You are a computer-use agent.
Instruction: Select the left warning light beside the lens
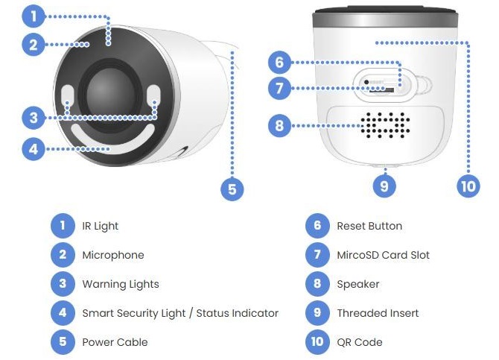[67, 95]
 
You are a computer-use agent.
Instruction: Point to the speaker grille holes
[385, 125]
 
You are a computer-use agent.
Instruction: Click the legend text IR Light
[101, 226]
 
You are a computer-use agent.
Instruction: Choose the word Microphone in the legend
[113, 255]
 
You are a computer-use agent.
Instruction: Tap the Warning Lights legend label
[121, 284]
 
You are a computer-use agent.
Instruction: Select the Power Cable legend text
[115, 342]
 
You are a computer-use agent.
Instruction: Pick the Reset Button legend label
[369, 226]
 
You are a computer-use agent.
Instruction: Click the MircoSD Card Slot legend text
[383, 255]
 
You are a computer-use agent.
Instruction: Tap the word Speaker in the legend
[358, 284]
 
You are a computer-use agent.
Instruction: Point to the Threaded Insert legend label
[378, 313]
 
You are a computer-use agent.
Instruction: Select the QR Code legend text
[360, 342]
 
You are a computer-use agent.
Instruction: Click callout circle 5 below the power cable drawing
[232, 189]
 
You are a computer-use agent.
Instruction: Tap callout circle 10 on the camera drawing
[468, 186]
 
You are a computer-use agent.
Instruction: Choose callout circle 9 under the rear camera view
[384, 186]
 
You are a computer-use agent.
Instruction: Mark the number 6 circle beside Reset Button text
[318, 226]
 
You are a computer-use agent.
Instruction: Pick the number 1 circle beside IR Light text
[63, 226]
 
